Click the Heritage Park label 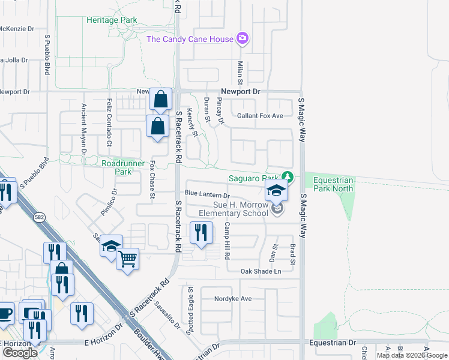point(112,20)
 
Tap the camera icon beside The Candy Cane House point(243,39)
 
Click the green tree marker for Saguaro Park point(289,177)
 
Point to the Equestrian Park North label point(329,185)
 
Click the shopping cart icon point(127,259)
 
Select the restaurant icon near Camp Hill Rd point(201,232)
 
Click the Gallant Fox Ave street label point(259,116)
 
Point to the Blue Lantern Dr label point(207,195)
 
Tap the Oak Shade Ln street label point(261,271)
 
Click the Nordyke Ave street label point(233,298)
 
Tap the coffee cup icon point(5,313)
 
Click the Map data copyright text point(411,355)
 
